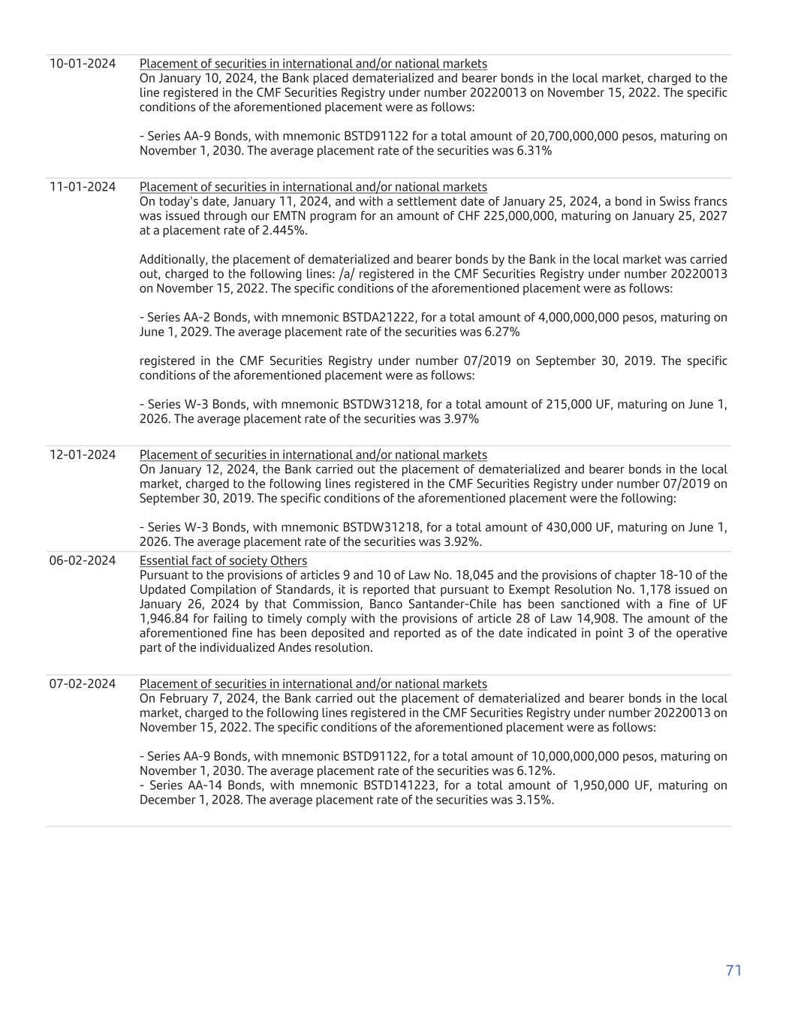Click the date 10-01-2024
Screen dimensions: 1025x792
tap(83, 64)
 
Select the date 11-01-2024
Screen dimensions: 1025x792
tap(83, 187)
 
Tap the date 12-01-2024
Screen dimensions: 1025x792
tap(83, 455)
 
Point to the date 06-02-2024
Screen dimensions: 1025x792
tap(83, 561)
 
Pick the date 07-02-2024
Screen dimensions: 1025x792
tap(83, 684)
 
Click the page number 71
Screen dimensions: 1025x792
tap(733, 970)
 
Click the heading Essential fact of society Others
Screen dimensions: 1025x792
tap(223, 561)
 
